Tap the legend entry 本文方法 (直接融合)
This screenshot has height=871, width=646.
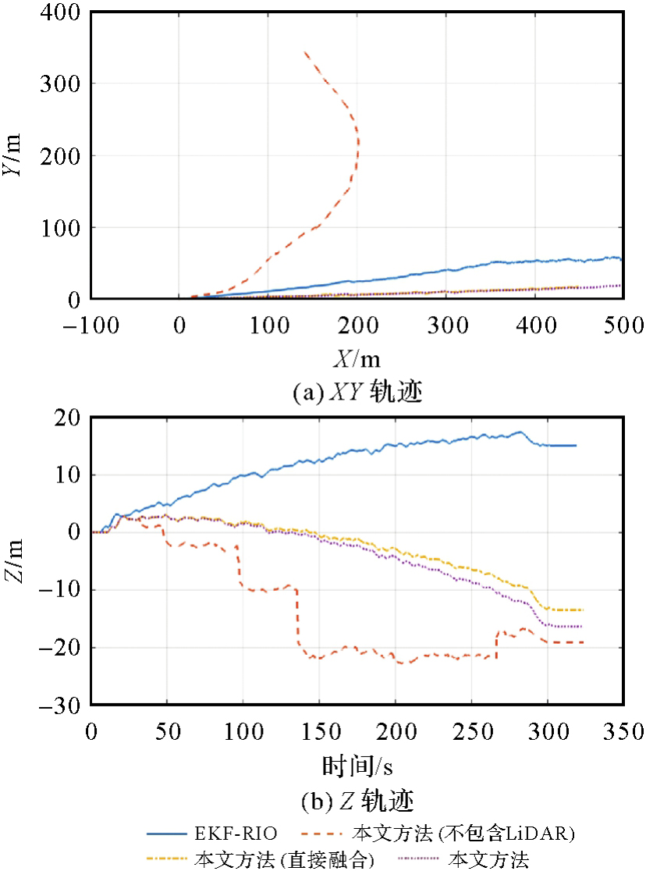283,860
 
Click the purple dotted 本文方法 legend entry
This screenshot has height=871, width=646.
489,860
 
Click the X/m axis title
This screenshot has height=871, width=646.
357,358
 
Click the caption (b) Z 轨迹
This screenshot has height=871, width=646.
357,800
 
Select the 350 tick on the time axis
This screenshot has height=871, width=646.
623,732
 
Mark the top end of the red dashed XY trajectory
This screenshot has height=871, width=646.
304,52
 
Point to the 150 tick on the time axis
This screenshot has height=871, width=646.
319,732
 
